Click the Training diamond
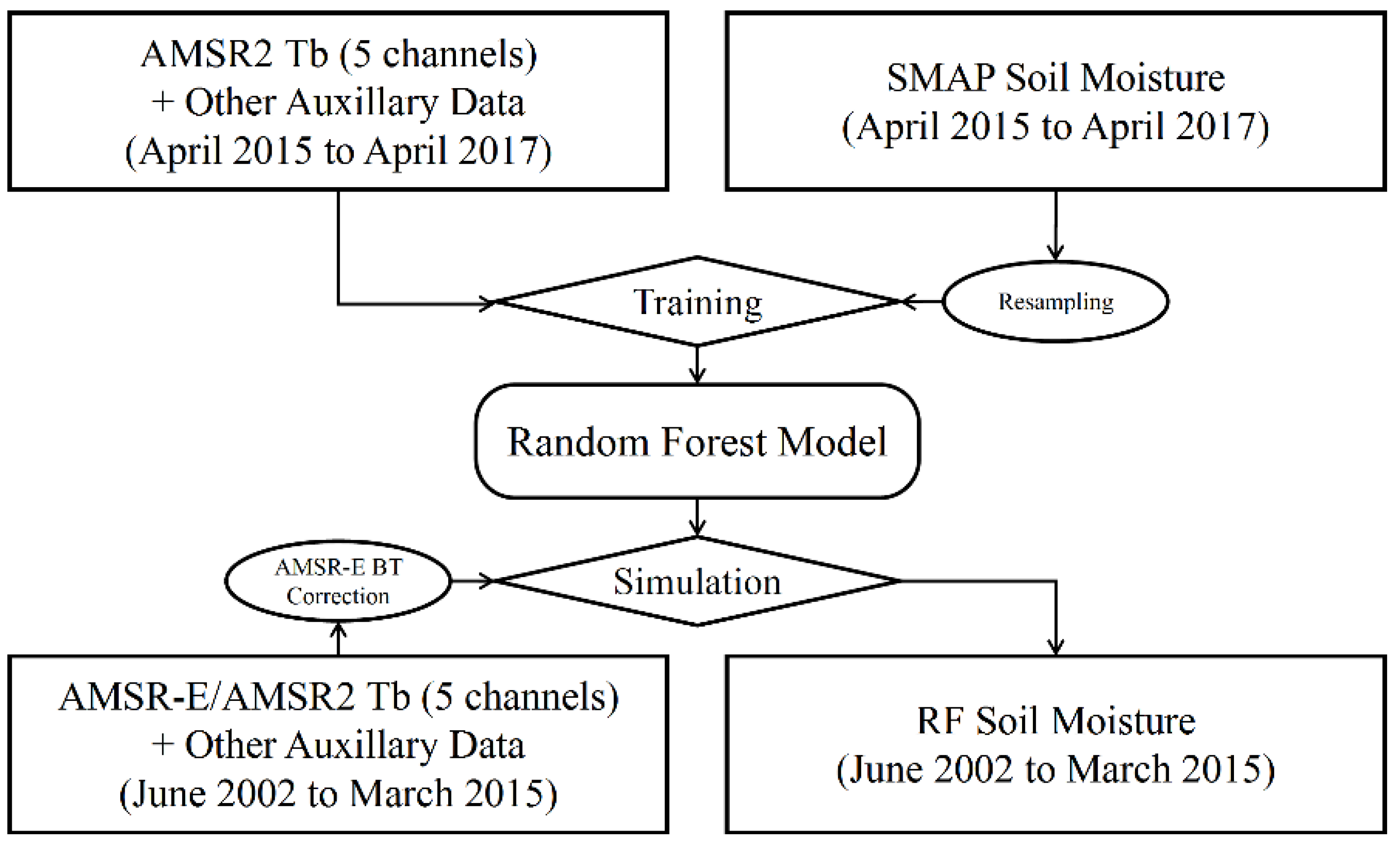click(697, 301)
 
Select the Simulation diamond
click(697, 582)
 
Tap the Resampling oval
click(1056, 301)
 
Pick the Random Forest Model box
click(697, 442)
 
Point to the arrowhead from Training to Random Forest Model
click(697, 376)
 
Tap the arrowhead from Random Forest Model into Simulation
click(697, 529)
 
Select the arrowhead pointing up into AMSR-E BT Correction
click(338, 630)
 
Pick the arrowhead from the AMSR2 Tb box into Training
click(487, 304)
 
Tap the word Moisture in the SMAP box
click(1152, 78)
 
